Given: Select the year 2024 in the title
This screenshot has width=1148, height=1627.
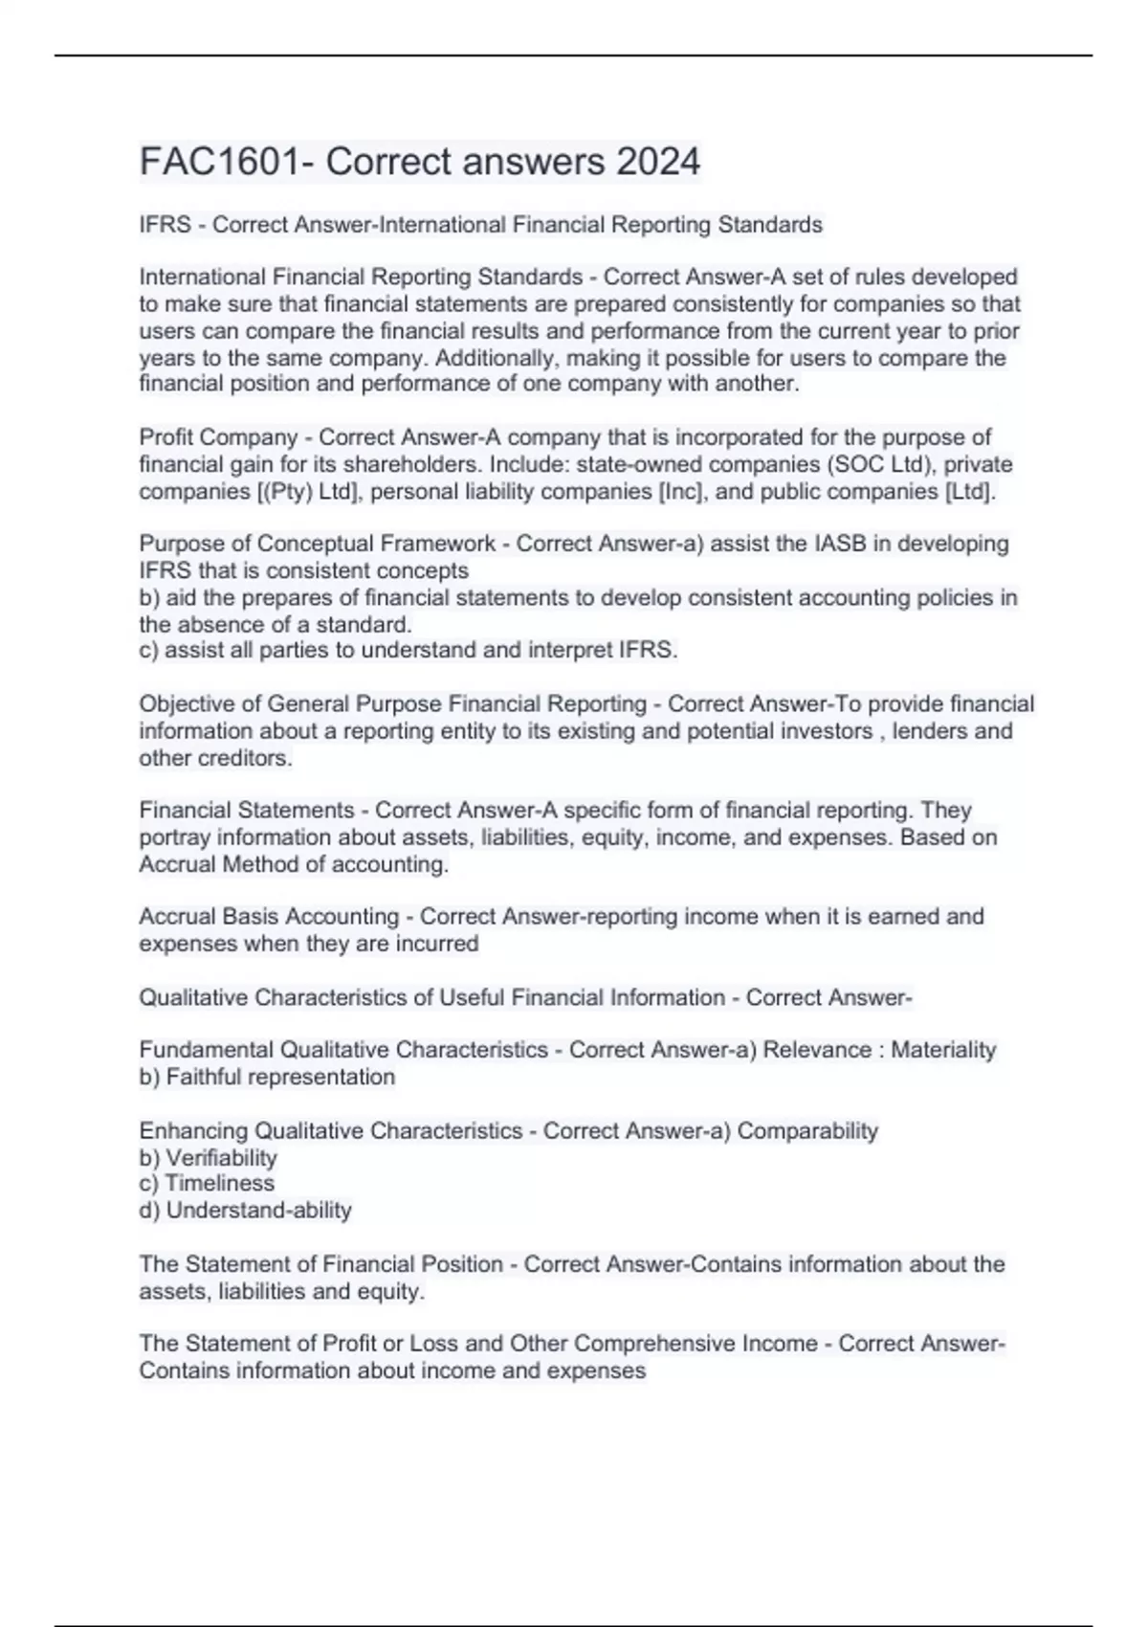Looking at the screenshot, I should tap(658, 161).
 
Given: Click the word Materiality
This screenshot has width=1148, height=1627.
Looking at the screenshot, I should tap(943, 1050).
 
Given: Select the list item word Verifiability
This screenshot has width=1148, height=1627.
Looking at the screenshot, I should tap(221, 1157).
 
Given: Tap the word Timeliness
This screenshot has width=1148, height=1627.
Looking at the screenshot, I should tap(219, 1183).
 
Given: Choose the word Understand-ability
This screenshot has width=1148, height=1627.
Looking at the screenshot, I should tap(258, 1210).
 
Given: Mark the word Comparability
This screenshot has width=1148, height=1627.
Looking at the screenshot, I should tap(807, 1130).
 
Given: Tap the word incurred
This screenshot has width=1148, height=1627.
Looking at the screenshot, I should tap(439, 944).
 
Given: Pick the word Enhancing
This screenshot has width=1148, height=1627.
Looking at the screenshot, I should tap(193, 1130).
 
